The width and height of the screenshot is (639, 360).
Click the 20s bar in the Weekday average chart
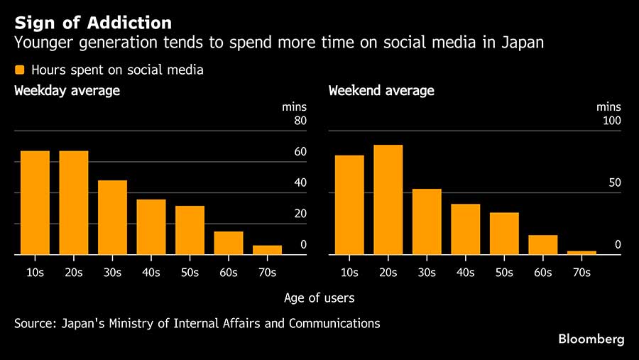point(74,202)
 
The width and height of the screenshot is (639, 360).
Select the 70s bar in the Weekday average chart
point(267,250)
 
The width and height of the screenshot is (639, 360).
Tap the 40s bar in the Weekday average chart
point(151,227)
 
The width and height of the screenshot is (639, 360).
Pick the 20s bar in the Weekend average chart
point(388,200)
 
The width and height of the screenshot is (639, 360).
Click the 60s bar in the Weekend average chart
point(542,244)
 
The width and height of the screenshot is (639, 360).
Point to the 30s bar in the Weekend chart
point(427,222)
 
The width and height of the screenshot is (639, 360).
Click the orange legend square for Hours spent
point(20,70)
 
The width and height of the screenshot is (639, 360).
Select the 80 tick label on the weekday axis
point(300,121)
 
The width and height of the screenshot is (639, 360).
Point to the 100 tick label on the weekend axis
point(611,121)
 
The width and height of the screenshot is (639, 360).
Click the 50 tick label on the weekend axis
point(614,182)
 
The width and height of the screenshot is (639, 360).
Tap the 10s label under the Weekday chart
point(35,273)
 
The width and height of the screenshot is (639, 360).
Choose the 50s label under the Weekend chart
point(504,273)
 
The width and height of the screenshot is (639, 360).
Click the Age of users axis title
point(319,298)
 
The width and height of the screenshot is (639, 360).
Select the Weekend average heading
point(381,91)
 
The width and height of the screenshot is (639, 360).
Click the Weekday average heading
point(67,91)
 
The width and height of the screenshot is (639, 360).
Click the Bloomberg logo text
point(591,339)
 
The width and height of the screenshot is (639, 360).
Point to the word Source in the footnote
point(34,323)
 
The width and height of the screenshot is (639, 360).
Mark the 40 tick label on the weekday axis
point(300,182)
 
